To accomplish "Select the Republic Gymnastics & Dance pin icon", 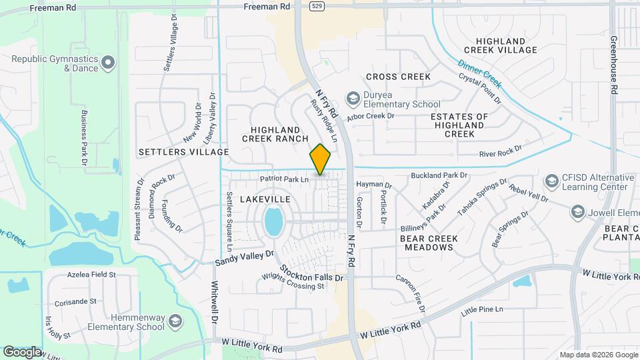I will pyautogui.click(x=109, y=63).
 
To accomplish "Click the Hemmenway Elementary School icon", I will pyautogui.click(x=175, y=321).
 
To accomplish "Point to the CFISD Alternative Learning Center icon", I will pyautogui.click(x=551, y=181).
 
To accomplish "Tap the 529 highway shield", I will pyautogui.click(x=319, y=5).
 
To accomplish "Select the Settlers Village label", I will pyautogui.click(x=183, y=152).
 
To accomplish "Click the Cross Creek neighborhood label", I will pyautogui.click(x=398, y=77).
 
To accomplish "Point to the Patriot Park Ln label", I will pyautogui.click(x=285, y=179).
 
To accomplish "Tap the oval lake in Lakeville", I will pyautogui.click(x=273, y=221).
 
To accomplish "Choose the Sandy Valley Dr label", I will pyautogui.click(x=244, y=258).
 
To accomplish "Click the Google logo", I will pyautogui.click(x=23, y=351).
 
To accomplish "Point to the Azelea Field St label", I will pyautogui.click(x=91, y=274).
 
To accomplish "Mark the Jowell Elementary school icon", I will pyautogui.click(x=577, y=213).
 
